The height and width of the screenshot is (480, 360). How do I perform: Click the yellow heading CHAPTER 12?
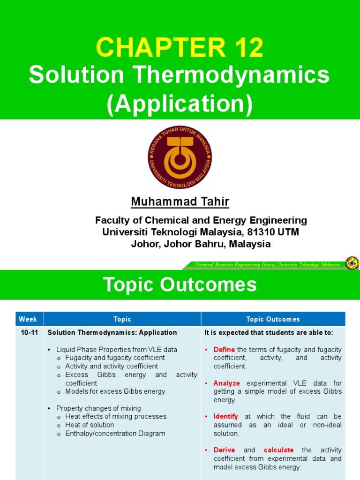pos(180,48)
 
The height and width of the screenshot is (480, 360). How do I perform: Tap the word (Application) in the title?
pos(180,104)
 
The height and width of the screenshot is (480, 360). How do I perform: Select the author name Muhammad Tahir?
pos(180,202)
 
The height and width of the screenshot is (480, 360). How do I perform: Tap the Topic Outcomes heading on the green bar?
pos(180,285)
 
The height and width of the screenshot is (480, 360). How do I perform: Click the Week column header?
pos(28,319)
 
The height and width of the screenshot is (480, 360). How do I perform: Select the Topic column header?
pos(122,319)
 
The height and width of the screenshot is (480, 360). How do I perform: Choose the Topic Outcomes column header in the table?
pos(273,319)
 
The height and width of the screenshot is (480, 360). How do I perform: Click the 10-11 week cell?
pos(28,333)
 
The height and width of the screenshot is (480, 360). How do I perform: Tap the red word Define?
pos(224,350)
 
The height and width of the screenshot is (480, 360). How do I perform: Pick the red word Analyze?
pos(226,383)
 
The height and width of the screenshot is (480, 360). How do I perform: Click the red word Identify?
pos(225,417)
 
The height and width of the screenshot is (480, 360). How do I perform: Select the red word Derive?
pos(225,450)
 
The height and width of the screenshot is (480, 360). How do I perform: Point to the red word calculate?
pos(278,450)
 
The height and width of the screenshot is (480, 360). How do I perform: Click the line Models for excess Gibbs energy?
pos(115,391)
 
